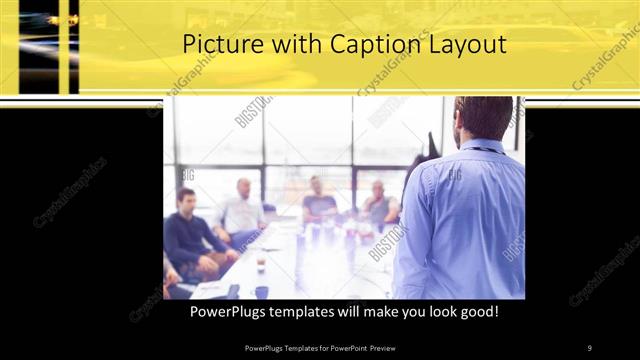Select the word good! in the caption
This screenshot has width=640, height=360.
[476, 313]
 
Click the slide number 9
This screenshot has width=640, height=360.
[590, 347]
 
